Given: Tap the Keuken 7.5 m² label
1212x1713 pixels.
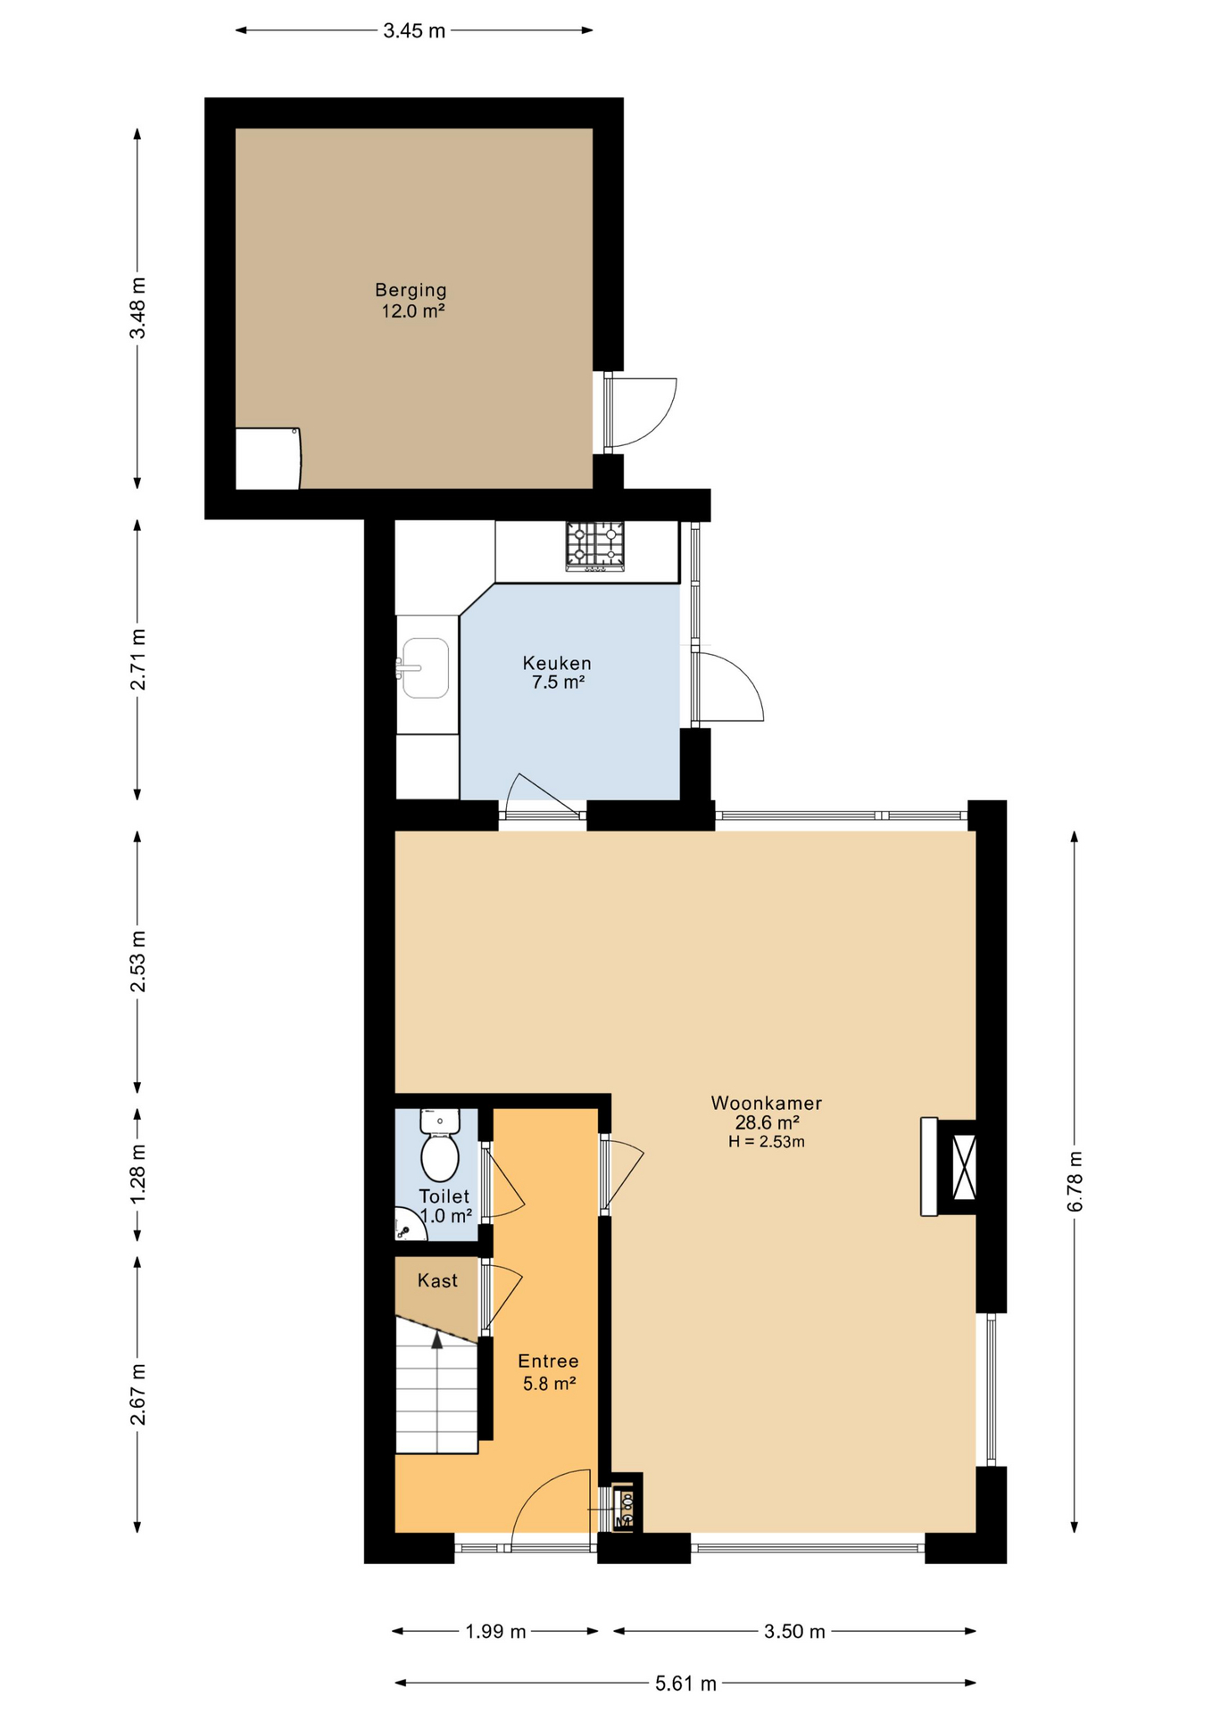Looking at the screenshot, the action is coord(557,673).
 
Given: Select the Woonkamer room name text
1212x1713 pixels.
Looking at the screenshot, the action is coord(767,1103).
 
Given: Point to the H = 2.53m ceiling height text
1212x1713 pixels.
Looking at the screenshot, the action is coord(767,1142).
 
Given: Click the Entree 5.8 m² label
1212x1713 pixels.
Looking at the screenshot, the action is coord(549,1372).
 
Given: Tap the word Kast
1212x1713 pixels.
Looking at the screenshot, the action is coord(437,1281).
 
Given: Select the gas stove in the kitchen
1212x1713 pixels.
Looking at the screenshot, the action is coord(594,546).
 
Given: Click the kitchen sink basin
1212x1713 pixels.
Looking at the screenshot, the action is coord(426,667).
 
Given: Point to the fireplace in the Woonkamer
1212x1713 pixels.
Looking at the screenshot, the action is coord(950,1166).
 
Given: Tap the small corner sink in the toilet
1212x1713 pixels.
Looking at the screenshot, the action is coord(409,1225).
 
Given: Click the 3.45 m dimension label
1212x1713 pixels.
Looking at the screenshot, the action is coord(414,31).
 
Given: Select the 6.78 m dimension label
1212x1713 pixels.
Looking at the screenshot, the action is coord(1075,1180).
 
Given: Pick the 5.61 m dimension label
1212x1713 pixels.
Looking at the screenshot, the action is coord(685,1684).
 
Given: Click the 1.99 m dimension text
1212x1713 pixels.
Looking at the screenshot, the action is coord(495,1632).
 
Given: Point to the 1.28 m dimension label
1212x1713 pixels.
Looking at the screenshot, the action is coord(138,1173).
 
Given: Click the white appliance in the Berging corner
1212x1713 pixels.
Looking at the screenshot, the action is coord(268,459).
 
